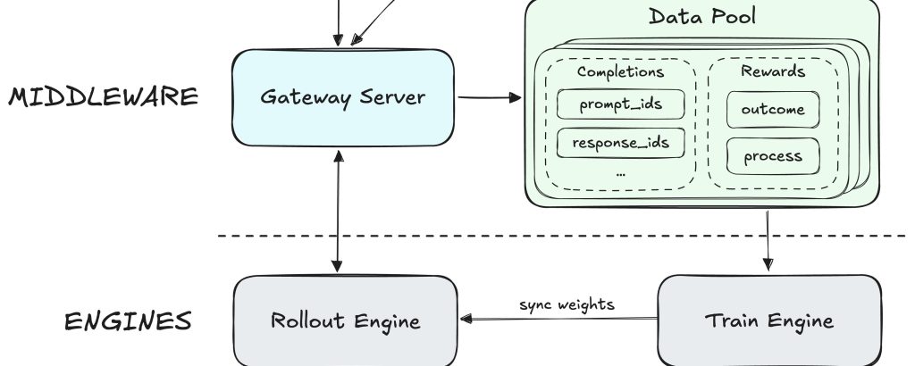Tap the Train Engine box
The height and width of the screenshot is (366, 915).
[769, 320]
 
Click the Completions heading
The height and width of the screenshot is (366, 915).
[620, 71]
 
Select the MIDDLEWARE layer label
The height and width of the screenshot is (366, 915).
[104, 96]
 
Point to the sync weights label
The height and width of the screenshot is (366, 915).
[567, 304]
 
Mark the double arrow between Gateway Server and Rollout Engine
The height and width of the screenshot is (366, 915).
[337, 211]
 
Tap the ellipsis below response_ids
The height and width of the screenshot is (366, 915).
[620, 171]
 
